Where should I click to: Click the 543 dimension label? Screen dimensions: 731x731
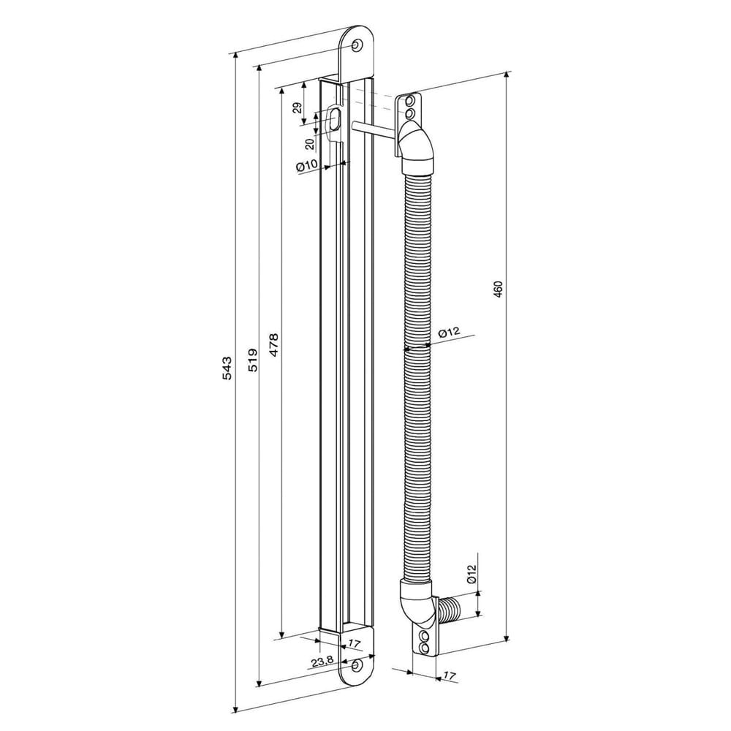coord(226,368)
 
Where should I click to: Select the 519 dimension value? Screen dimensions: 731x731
coord(252,360)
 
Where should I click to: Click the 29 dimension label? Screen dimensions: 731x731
coord(298,108)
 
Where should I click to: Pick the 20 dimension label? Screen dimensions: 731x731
coord(309,143)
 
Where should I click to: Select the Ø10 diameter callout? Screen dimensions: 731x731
coord(307,165)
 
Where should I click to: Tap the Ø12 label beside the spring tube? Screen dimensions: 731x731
coord(449,333)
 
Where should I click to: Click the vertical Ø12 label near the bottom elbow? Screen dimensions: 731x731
coord(471,573)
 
